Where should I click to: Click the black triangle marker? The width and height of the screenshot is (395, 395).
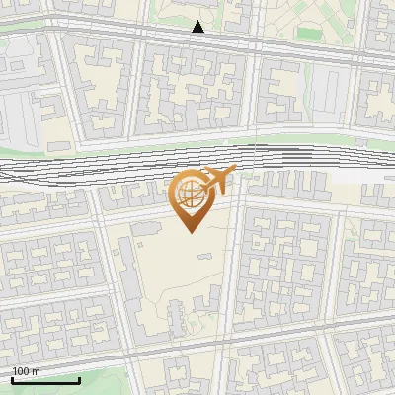tap(198, 28)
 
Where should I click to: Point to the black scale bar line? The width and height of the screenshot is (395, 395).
tap(45, 379)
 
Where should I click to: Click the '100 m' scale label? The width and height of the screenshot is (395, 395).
tap(27, 371)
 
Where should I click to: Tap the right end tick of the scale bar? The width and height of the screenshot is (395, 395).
tap(79, 378)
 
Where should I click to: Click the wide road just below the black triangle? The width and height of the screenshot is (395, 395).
tap(197, 43)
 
